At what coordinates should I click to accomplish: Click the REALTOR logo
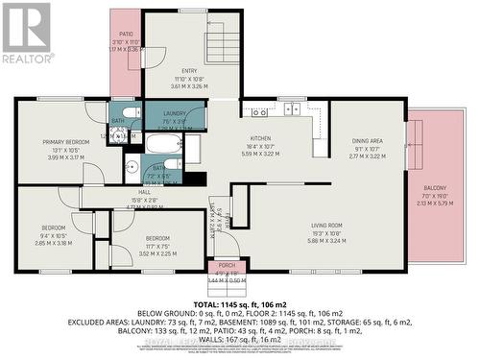[26, 34]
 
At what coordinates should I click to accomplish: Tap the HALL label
[145, 192]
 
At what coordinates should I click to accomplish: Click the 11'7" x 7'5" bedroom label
[156, 238]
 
